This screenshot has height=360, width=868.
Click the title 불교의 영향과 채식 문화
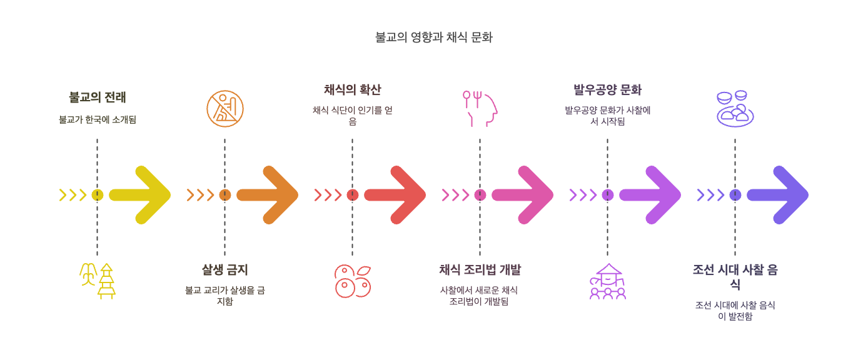(x=433, y=37)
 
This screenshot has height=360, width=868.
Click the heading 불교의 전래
(x=97, y=97)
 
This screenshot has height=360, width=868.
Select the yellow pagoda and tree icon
(x=98, y=281)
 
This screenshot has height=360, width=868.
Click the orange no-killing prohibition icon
(x=225, y=109)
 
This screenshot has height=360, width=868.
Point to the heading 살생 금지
(x=225, y=270)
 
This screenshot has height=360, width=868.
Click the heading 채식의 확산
(x=352, y=90)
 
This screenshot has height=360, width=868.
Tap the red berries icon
(x=353, y=281)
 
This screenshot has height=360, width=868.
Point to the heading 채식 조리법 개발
(x=480, y=270)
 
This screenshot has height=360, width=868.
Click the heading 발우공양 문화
(x=607, y=90)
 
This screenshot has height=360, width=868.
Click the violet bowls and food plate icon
(x=735, y=109)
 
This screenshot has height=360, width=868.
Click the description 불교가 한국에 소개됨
(x=97, y=119)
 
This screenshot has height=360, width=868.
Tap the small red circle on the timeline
(x=353, y=195)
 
